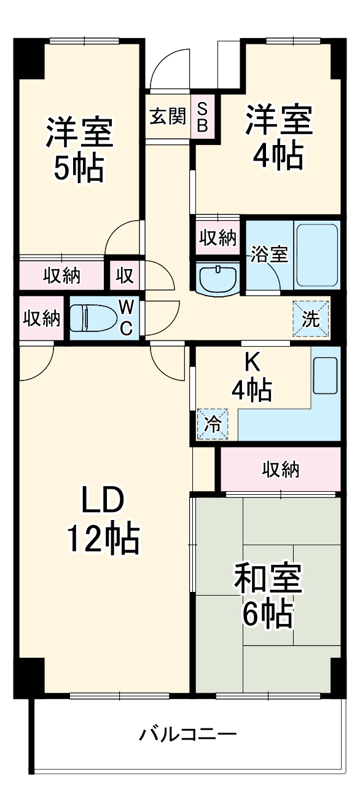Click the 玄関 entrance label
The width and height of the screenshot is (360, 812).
168,116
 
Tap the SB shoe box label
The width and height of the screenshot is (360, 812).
202,116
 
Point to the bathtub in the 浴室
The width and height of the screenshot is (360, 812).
317,254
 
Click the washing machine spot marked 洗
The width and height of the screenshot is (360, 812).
310,319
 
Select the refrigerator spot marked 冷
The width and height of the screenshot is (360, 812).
212,425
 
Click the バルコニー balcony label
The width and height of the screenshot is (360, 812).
187,734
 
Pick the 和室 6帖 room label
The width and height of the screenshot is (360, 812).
267,596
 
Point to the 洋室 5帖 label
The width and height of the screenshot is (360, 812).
79,151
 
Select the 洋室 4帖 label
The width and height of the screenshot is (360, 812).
278,137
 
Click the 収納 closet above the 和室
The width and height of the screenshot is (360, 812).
281,470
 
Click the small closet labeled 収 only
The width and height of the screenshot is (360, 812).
125,276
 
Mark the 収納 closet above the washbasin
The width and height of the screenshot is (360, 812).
217,238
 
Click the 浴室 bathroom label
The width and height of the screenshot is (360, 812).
268,254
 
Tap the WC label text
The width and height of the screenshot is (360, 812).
125,318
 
